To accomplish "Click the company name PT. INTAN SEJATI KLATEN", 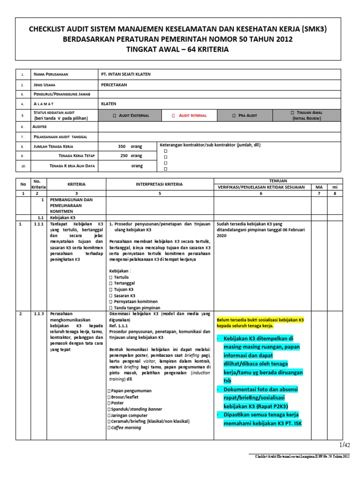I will [126, 75].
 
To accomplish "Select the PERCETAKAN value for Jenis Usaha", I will [114, 85].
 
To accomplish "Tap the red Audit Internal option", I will [188, 115].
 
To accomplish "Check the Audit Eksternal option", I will [129, 115].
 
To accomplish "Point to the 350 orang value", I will [130, 146].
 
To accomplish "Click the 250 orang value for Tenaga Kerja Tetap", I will [131, 156].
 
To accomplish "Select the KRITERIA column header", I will [76, 184].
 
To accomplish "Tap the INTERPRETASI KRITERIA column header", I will [160, 184].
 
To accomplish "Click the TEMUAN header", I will [278, 180].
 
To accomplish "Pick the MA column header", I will [319, 187].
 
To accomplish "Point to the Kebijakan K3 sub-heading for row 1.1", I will [62, 217].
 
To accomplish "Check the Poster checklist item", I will [118, 403].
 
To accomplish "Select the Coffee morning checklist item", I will [125, 427].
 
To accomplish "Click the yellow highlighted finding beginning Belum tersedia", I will [260, 322].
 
